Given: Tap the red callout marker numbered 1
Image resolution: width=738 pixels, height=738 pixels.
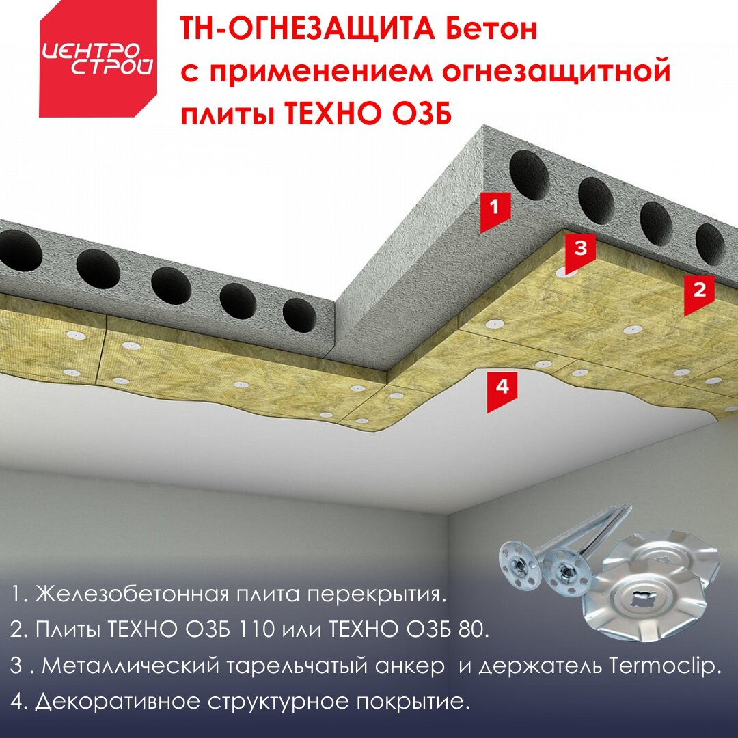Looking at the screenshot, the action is (495, 211).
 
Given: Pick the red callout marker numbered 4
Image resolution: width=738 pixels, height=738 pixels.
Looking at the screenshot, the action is (502, 391).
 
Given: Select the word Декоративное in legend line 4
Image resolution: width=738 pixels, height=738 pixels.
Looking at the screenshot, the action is (119, 702).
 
